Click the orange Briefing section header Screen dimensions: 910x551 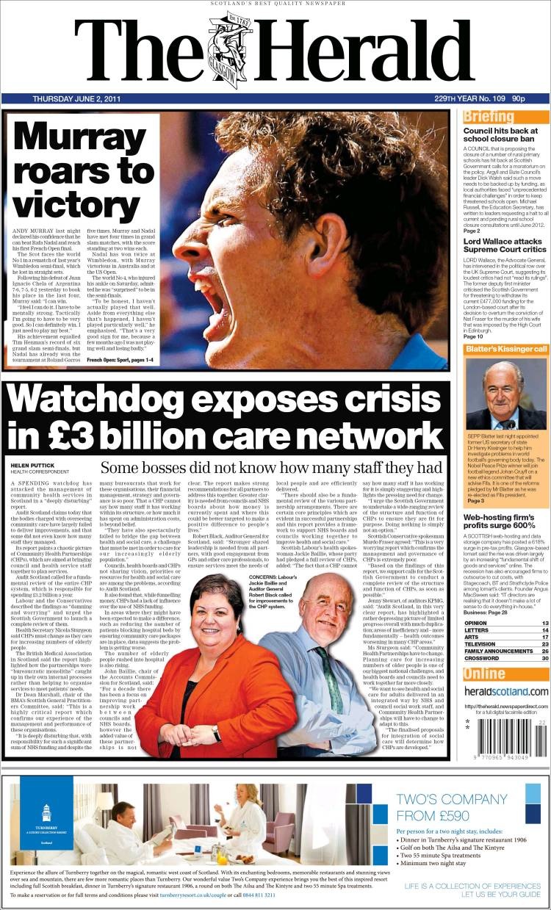pyautogui.click(x=489, y=117)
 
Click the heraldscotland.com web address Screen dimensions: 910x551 pyautogui.click(x=505, y=691)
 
